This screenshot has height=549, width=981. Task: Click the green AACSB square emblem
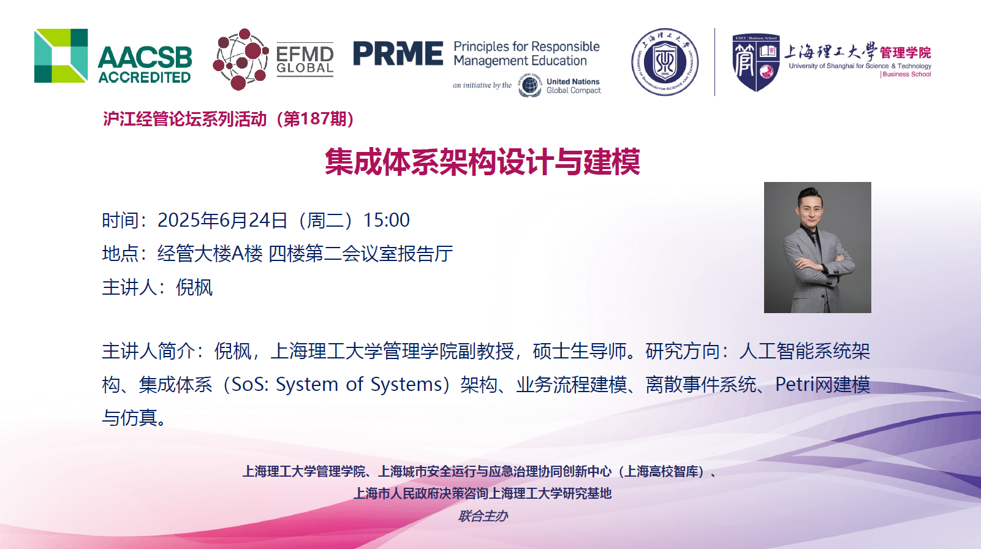[61, 56]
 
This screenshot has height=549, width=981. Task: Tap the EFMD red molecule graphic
[240, 59]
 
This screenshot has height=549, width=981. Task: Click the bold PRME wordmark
[398, 53]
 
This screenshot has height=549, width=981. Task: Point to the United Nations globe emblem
[530, 85]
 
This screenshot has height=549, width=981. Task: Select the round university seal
[665, 62]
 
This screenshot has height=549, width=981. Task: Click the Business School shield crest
[756, 62]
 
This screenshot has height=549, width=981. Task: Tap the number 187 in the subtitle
[315, 119]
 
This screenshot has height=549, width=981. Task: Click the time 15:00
[387, 220]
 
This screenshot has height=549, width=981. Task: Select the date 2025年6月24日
[222, 220]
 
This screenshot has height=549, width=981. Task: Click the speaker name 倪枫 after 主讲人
[194, 287]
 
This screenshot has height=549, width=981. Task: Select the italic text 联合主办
[483, 516]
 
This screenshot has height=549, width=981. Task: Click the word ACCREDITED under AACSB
[145, 77]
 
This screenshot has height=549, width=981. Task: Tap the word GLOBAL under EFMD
[305, 68]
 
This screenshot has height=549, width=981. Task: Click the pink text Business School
[906, 74]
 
